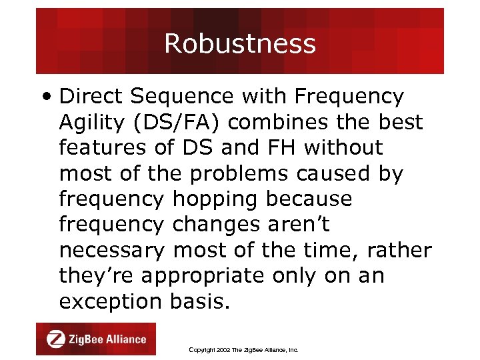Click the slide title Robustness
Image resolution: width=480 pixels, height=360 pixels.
pos(239,44)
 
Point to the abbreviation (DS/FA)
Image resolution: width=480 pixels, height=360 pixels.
pos(175,123)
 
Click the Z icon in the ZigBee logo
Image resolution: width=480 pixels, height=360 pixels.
pos(55,339)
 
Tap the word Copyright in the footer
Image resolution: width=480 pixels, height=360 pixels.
pos(203,349)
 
